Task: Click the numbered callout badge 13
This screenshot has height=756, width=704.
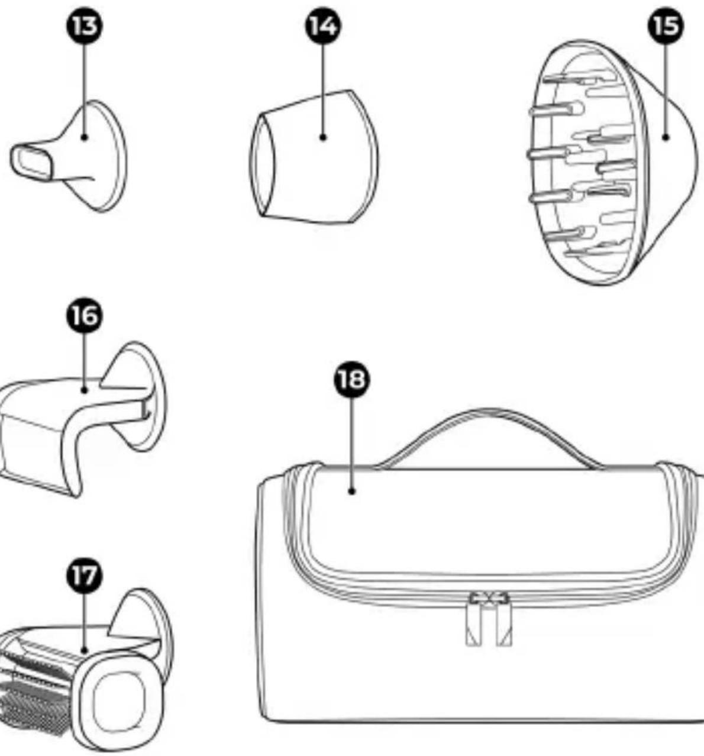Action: pyautogui.click(x=84, y=26)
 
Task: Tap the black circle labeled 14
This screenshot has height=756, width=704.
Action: pyautogui.click(x=323, y=26)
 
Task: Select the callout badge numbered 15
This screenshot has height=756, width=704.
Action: pyautogui.click(x=666, y=26)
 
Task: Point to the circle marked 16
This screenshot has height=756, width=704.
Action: pyautogui.click(x=85, y=316)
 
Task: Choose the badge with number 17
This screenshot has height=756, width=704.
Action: pyautogui.click(x=85, y=576)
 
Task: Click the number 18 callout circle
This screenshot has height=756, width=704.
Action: pyautogui.click(x=351, y=380)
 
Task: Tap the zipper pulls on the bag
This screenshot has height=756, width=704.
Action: pyautogui.click(x=489, y=619)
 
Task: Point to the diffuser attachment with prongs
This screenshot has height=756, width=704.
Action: pyautogui.click(x=612, y=162)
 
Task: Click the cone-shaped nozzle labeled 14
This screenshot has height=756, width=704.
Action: pyautogui.click(x=314, y=157)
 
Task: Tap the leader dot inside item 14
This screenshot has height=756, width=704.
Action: pyautogui.click(x=323, y=137)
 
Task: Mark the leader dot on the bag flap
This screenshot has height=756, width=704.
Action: pyautogui.click(x=351, y=491)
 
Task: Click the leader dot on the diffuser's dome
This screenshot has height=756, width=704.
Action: pyautogui.click(x=666, y=137)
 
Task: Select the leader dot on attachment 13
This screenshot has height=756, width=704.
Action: pyautogui.click(x=84, y=137)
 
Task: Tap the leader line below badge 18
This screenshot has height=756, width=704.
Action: pyautogui.click(x=351, y=444)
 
